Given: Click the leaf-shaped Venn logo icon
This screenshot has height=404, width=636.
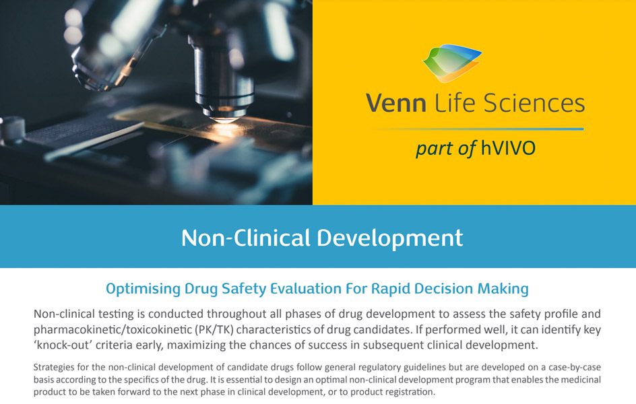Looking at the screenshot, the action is [x=452, y=63].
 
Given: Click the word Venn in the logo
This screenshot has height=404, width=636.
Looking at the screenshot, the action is [x=396, y=103].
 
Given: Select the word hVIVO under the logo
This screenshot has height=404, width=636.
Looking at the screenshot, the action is [x=508, y=148].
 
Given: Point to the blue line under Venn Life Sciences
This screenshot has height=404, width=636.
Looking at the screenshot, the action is [x=478, y=129].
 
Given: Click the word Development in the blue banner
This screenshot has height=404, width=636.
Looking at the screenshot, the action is [x=390, y=238].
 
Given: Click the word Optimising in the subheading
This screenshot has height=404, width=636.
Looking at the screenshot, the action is [x=144, y=289].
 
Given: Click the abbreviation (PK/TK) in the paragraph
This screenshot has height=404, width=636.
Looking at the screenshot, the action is [x=214, y=329].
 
